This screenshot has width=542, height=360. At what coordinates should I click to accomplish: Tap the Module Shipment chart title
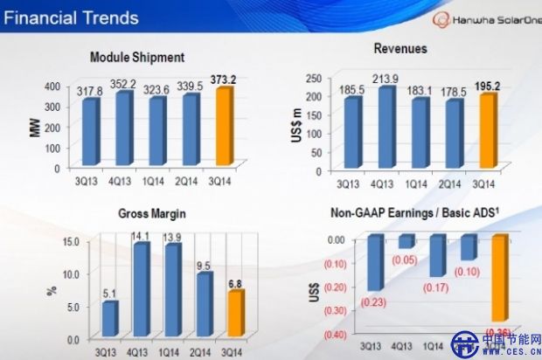coord(137,57)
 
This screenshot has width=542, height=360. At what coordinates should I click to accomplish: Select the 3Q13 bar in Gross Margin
coord(109,318)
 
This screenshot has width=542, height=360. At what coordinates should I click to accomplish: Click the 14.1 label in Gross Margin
coord(140,233)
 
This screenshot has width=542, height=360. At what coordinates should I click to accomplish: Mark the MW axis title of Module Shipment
coord(31,128)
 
